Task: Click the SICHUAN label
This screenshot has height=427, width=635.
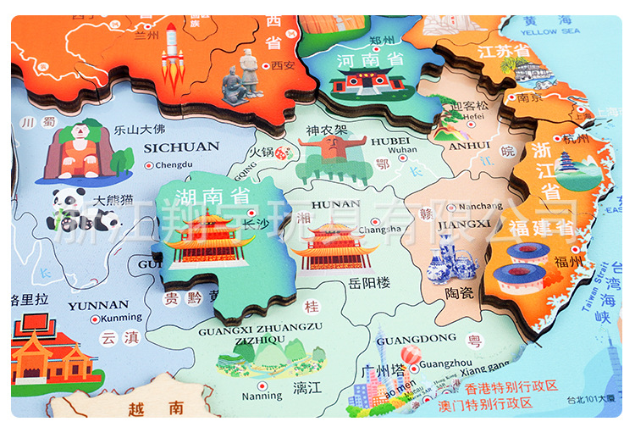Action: coord(170,147)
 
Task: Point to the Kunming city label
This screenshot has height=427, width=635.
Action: coord(121,318)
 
